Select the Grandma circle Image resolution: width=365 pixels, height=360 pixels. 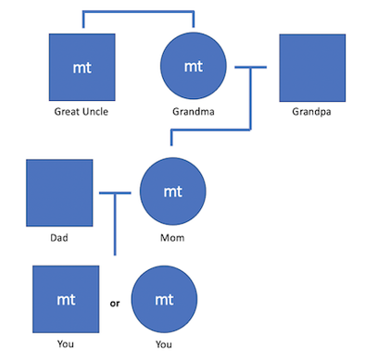tap(194, 68)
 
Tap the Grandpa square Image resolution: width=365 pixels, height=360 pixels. tap(312, 68)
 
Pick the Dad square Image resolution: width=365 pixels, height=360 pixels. tap(59, 192)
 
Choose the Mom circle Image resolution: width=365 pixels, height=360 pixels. tap(172, 192)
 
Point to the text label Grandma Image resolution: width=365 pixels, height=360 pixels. tap(194, 112)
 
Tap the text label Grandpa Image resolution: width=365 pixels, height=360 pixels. tap(312, 112)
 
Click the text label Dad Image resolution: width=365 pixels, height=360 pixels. tap(59, 237)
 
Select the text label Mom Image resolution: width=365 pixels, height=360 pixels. tap(172, 237)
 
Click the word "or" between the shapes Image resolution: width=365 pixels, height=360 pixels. tap(115, 302)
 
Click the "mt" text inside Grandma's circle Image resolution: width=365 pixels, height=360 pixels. tap(194, 67)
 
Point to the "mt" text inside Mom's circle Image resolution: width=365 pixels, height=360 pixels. tap(172, 192)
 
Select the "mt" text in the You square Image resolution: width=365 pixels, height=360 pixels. tap(66, 300)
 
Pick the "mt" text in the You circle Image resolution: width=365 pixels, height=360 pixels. tap(165, 300)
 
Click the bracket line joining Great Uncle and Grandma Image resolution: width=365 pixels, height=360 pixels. tap(138, 13)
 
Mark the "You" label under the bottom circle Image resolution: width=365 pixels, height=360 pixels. tap(165, 344)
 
